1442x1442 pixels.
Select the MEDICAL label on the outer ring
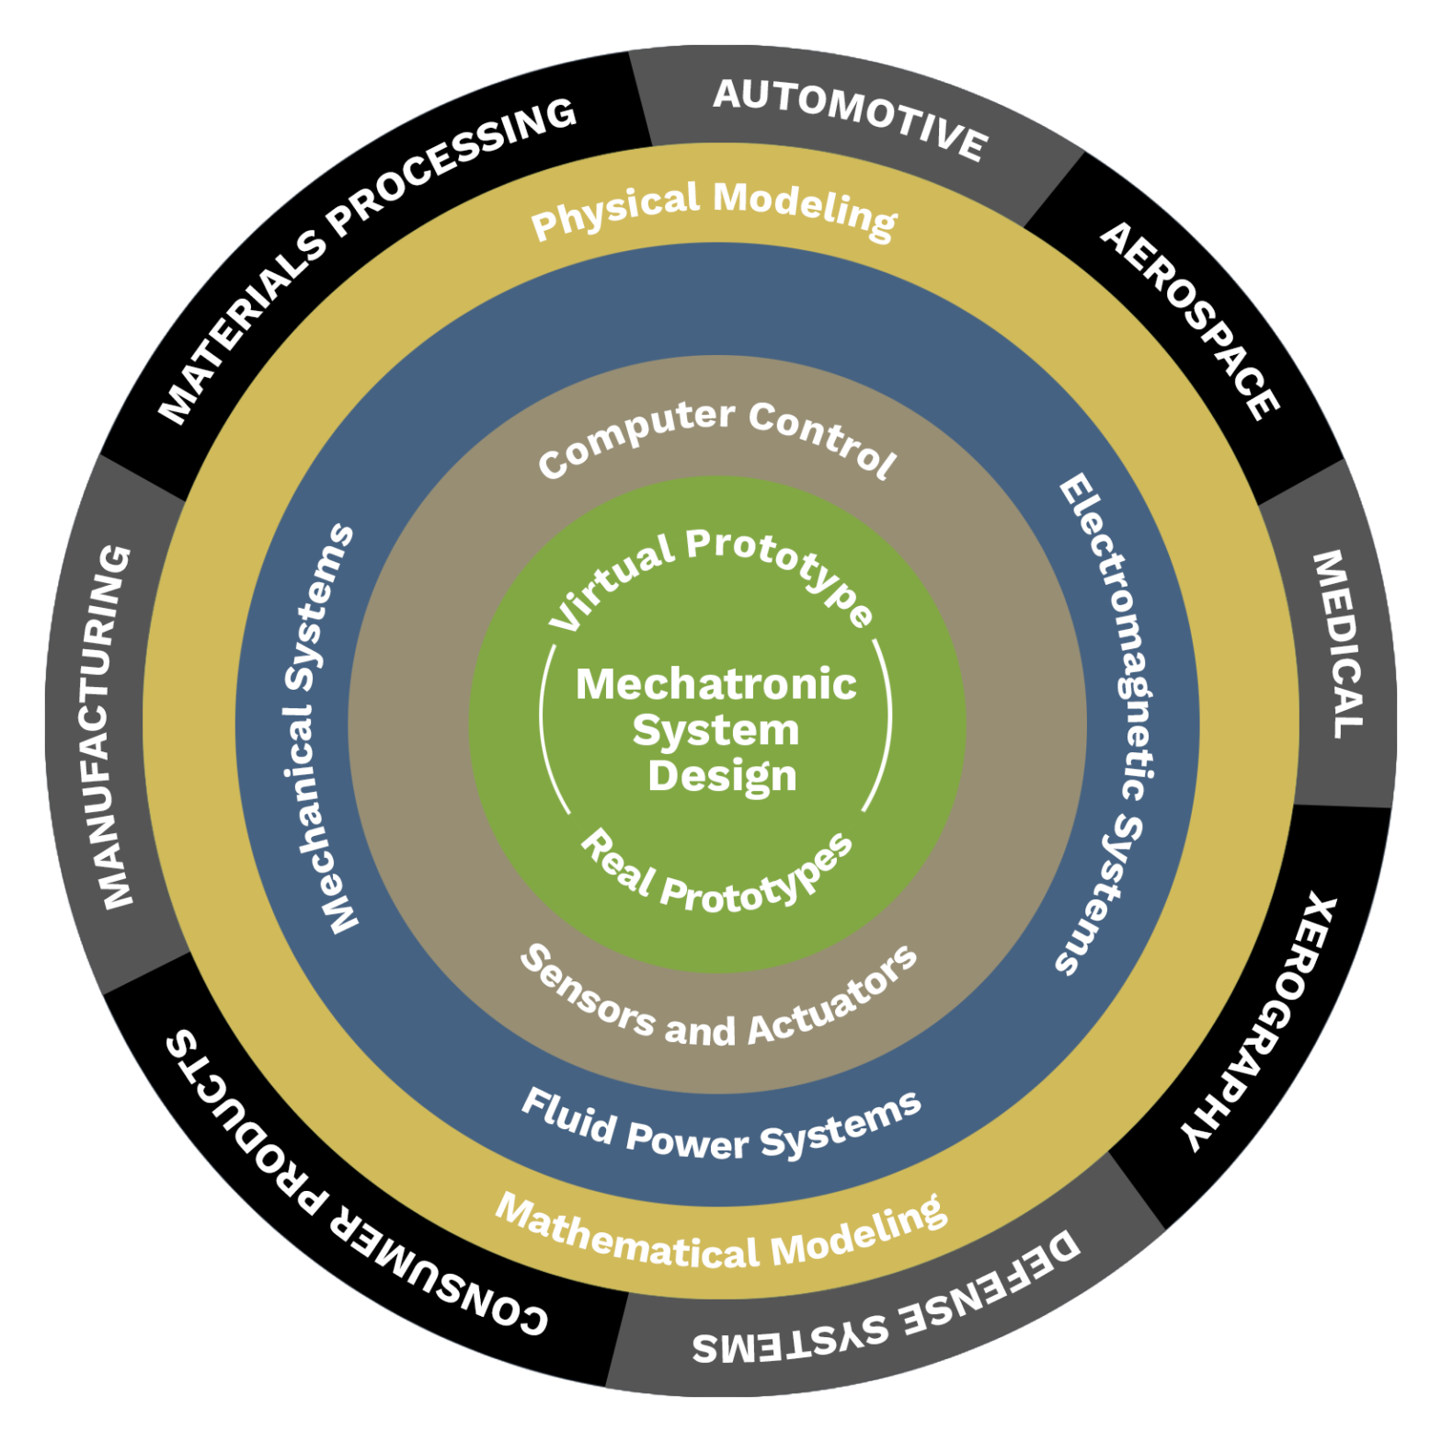[x=1337, y=644]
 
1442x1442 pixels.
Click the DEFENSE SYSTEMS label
[x=887, y=1306]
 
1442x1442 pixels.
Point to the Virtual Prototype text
[x=712, y=574]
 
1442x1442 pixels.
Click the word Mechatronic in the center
[x=716, y=684]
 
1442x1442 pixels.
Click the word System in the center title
[x=715, y=730]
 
